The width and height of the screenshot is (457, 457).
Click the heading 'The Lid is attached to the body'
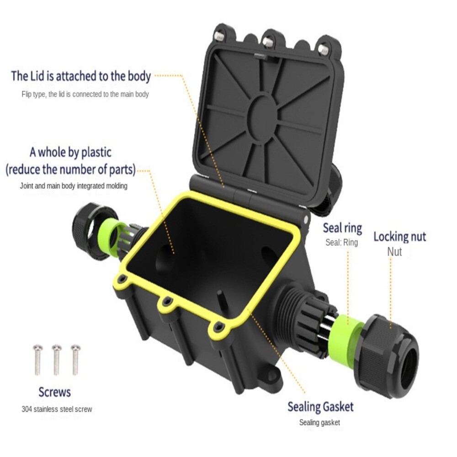(81, 76)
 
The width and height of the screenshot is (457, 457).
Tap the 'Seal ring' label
(342, 228)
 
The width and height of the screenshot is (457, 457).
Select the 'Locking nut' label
(399, 237)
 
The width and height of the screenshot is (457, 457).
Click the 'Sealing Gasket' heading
(320, 406)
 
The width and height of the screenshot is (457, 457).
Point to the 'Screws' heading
(55, 392)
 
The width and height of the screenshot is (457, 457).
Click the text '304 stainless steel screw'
(57, 409)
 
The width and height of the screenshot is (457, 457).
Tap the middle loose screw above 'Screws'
(57, 359)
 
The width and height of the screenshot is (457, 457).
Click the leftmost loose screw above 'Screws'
(37, 359)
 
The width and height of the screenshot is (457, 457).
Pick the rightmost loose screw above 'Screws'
(75, 359)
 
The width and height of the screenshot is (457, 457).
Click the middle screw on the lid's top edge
(269, 43)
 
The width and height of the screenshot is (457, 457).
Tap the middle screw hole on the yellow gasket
(167, 301)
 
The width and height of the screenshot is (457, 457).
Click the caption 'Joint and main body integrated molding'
(74, 186)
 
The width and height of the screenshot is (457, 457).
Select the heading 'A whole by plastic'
(70, 152)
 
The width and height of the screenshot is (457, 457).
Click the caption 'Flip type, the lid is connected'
(85, 94)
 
